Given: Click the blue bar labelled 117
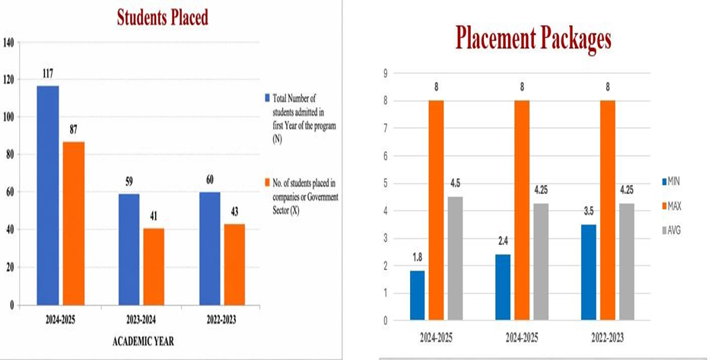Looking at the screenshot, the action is tap(48, 196).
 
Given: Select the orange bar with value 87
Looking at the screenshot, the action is tap(74, 223).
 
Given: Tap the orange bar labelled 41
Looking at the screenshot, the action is tap(154, 266).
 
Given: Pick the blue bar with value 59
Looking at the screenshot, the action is tap(129, 250).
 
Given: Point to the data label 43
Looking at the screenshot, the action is tap(234, 212).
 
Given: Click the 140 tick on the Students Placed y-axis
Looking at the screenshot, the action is tap(9, 43).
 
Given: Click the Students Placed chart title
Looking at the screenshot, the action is tap(163, 18).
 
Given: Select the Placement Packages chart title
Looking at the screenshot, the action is tap(533, 39).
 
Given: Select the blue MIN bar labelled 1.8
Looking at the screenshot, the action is tap(418, 295).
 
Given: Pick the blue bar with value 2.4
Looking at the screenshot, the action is tap(503, 287).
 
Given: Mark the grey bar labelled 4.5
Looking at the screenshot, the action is tap(455, 258).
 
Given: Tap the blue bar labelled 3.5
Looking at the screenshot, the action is tap(589, 272).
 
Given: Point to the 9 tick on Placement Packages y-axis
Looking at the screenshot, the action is tap(386, 74).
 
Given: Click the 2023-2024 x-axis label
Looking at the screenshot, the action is tap(141, 320).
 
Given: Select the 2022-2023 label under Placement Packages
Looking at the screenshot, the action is tap(608, 338).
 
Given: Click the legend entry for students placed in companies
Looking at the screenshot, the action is tap(301, 197).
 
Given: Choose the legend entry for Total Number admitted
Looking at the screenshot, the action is tap(300, 119).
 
